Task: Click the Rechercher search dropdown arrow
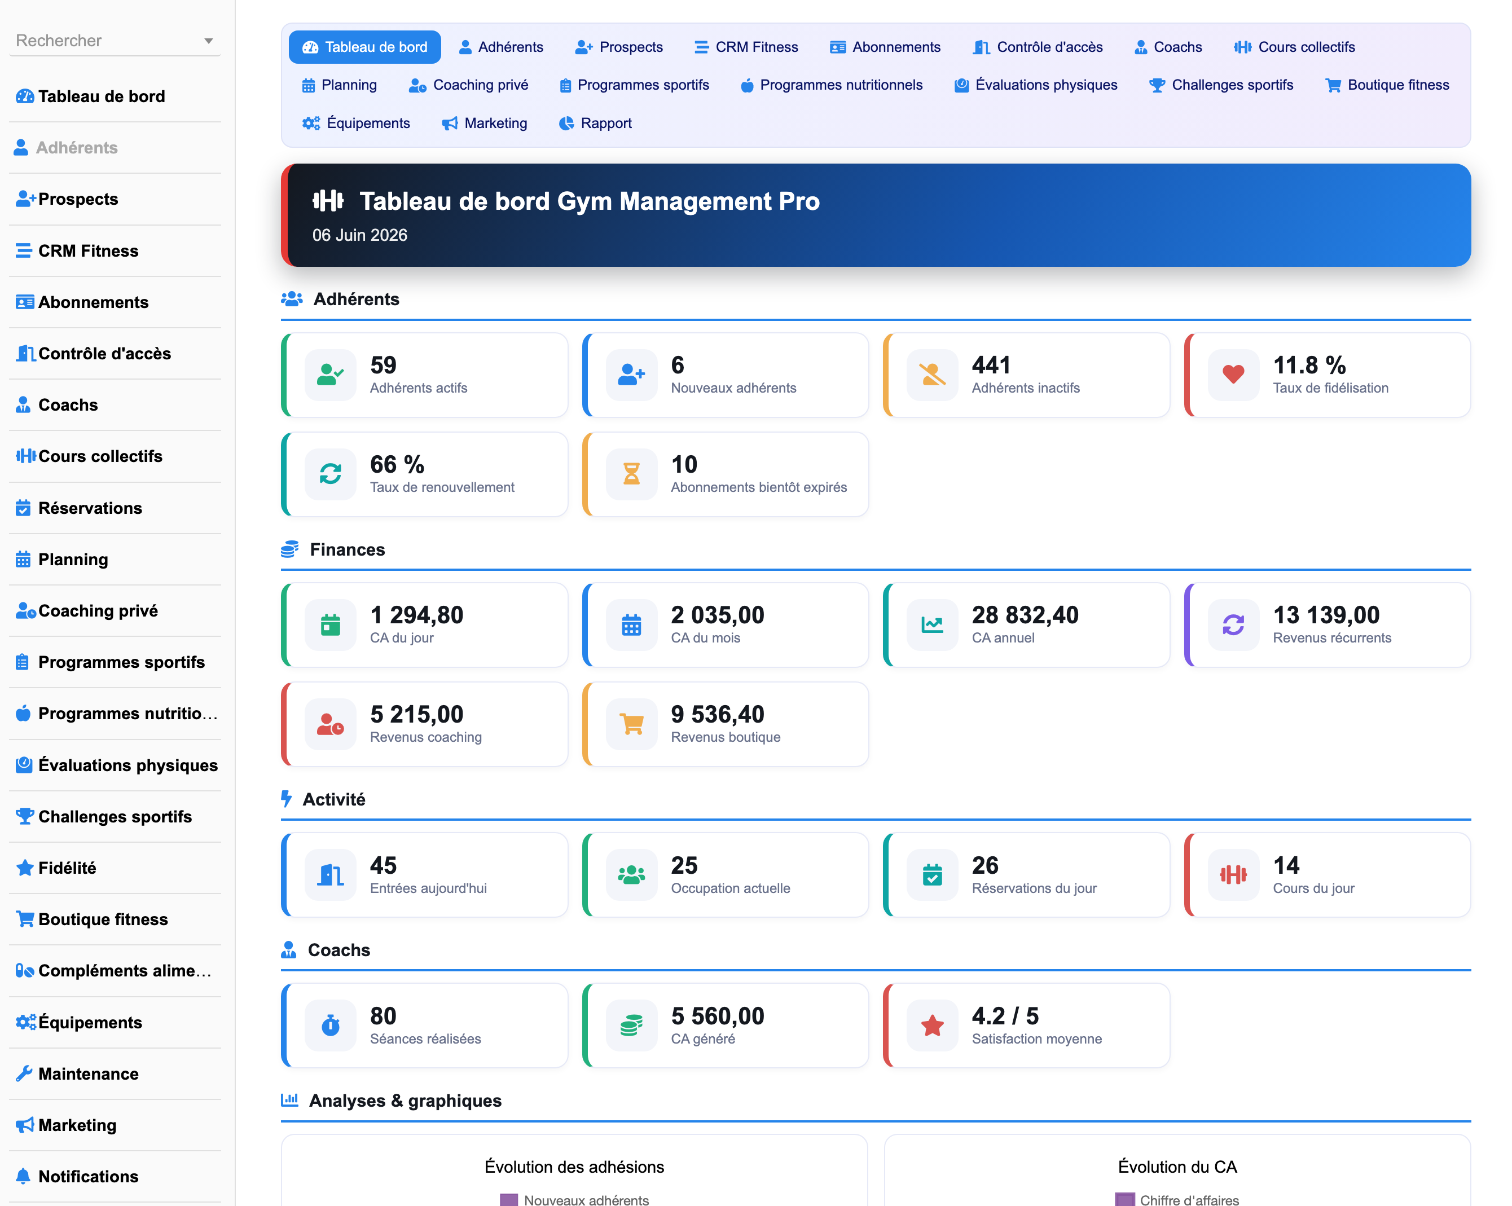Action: [208, 41]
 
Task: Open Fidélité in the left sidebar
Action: [67, 868]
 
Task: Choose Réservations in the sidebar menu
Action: [90, 508]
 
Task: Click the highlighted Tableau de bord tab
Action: [364, 47]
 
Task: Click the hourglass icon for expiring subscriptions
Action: [631, 474]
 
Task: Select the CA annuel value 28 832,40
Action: [1025, 615]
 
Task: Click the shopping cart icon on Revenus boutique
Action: [631, 724]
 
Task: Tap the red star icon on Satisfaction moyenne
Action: [932, 1025]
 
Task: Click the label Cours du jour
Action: [1313, 888]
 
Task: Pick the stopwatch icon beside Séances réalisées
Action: [330, 1025]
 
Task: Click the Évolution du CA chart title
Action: [1177, 1167]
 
